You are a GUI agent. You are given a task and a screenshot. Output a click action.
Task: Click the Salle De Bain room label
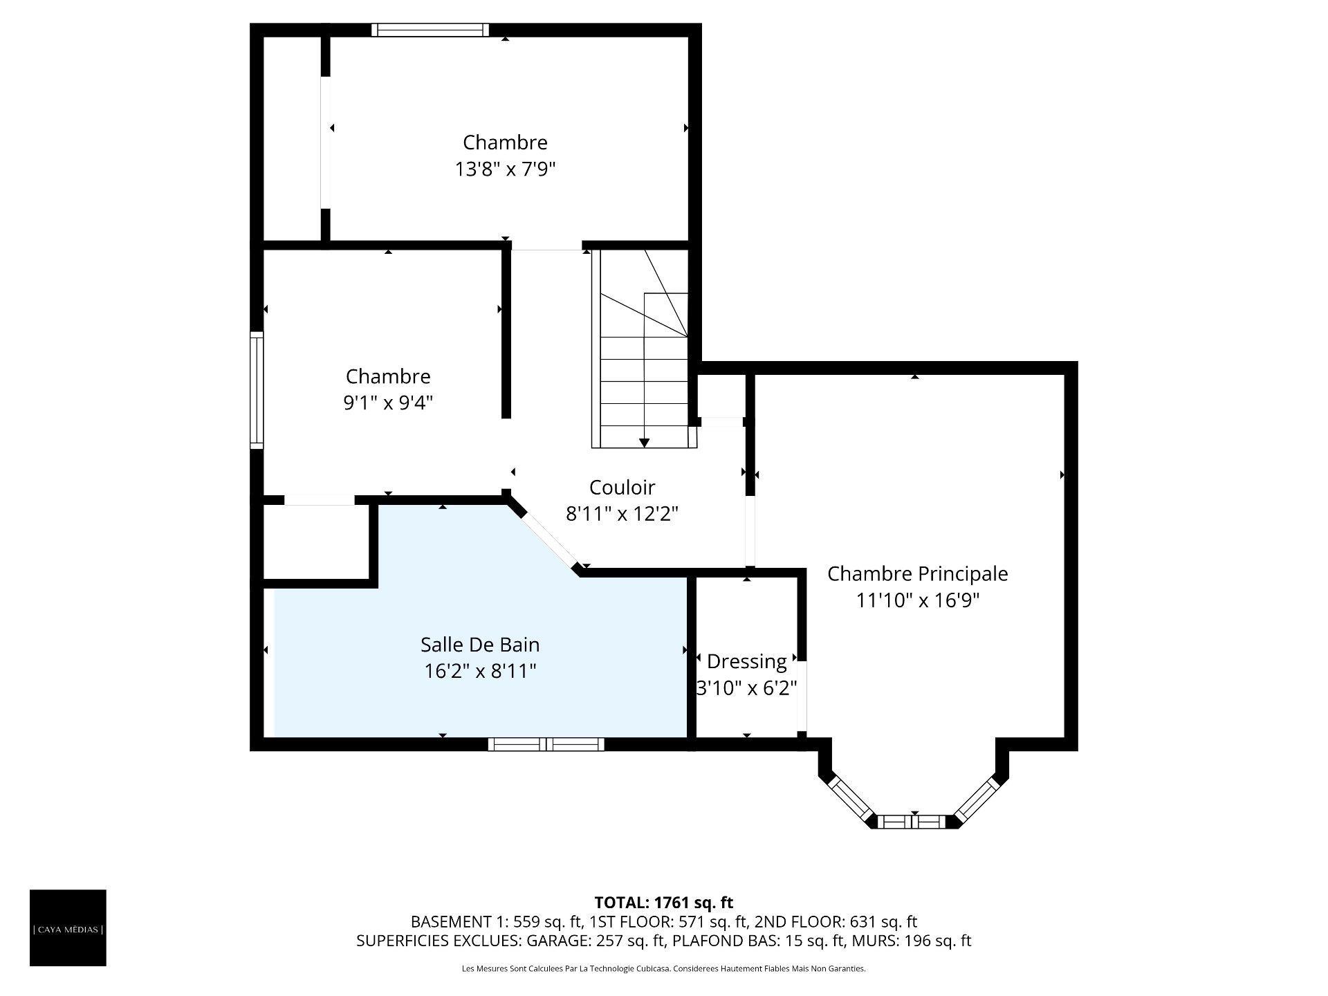[x=480, y=645]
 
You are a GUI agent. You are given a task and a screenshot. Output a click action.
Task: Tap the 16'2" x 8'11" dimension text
[x=480, y=671]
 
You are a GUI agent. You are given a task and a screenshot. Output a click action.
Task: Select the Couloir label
[x=622, y=488]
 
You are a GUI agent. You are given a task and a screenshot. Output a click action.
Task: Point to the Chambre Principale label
[x=918, y=574]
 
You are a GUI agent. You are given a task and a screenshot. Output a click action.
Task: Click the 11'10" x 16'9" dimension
[x=918, y=600]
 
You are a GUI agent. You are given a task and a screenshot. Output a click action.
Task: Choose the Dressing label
[x=747, y=662]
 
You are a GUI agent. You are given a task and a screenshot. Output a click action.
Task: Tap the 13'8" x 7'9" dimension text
[x=506, y=169]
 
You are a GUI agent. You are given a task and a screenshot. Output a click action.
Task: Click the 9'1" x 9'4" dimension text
[x=388, y=403]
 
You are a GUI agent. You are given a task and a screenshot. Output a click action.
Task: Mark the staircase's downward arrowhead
[x=644, y=443]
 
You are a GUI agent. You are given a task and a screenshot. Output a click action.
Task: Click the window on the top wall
[x=430, y=30]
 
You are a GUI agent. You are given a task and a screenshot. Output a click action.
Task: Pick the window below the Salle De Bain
[x=546, y=744]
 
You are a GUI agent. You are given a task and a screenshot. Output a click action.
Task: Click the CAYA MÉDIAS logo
[x=68, y=928]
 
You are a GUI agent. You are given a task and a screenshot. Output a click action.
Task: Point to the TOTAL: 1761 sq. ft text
[x=664, y=903]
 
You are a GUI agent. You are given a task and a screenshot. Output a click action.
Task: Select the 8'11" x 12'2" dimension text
[x=622, y=514]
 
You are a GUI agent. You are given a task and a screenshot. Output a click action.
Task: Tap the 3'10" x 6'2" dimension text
[x=747, y=688]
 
